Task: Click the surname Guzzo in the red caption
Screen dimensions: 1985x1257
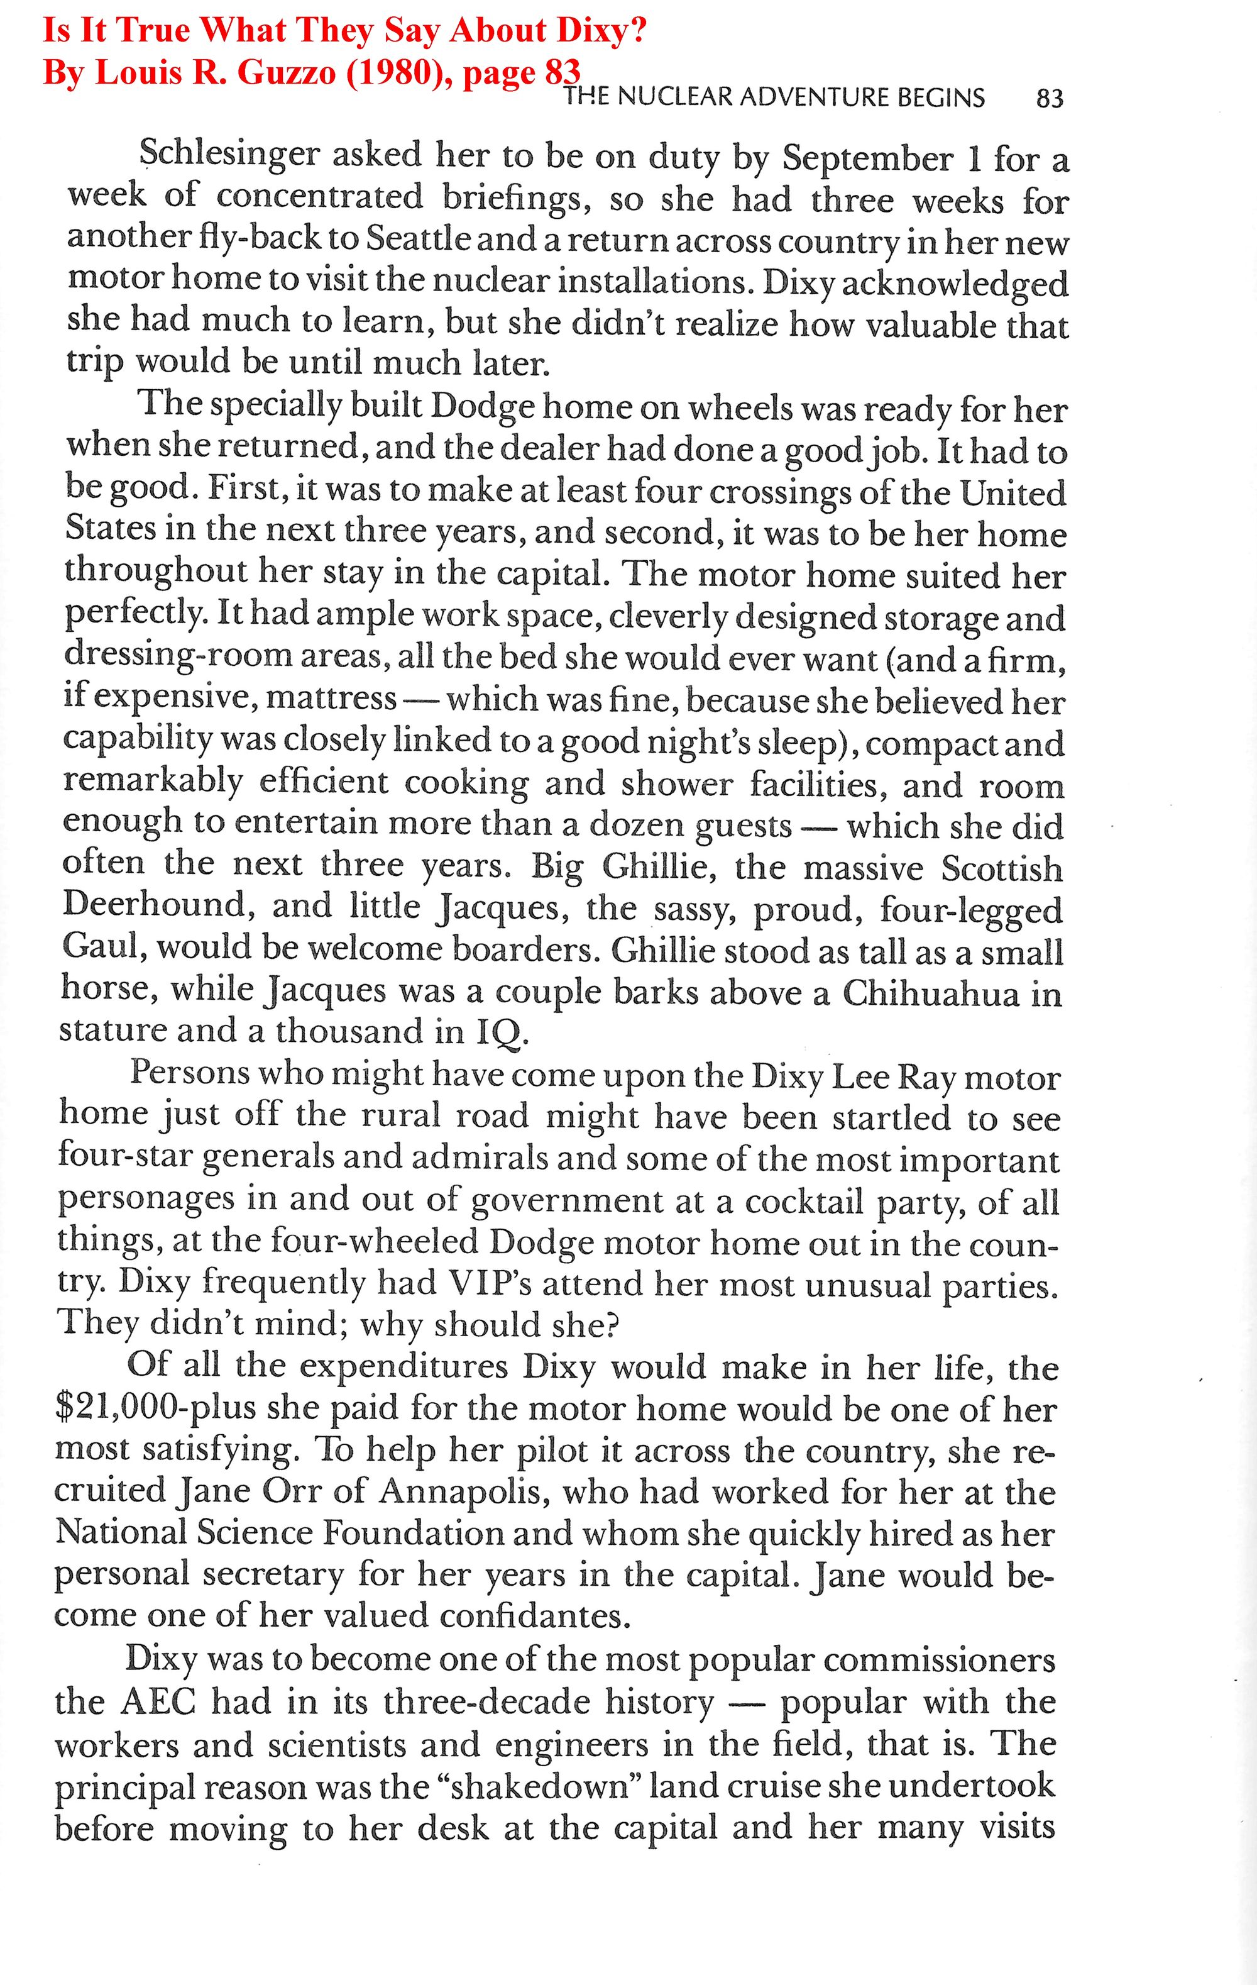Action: pyautogui.click(x=278, y=72)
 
